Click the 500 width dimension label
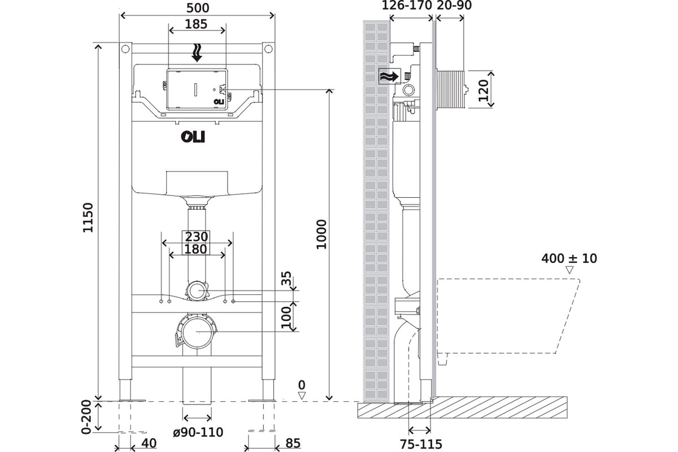(198, 8)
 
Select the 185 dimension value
(196, 24)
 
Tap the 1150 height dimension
(88, 218)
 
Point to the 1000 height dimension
(321, 234)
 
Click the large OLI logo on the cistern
(193, 137)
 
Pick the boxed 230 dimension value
(197, 236)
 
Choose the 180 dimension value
(196, 249)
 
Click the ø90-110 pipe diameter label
(198, 432)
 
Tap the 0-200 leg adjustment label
(86, 417)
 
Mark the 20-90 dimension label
(454, 5)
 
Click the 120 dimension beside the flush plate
(484, 90)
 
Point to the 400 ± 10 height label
(569, 258)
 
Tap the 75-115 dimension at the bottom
(421, 444)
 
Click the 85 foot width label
(293, 443)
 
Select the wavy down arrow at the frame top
(197, 53)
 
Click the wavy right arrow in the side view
(389, 77)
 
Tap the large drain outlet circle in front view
(197, 332)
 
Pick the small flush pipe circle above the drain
(197, 290)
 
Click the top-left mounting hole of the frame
(125, 49)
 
